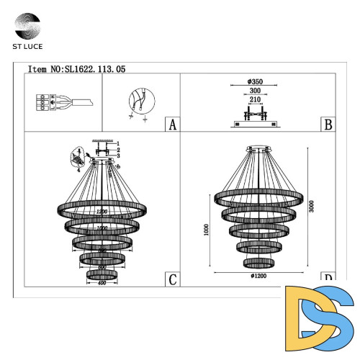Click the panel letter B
click(328, 125)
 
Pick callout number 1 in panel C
click(119, 143)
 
